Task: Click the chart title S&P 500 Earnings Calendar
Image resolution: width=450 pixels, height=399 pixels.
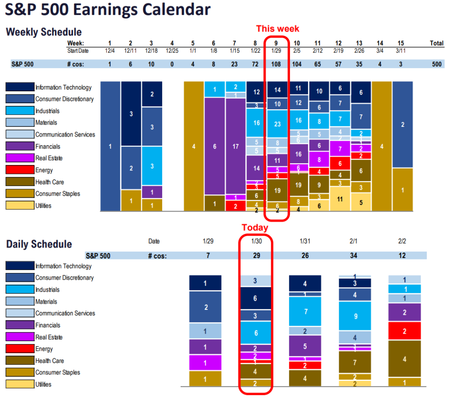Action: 107,10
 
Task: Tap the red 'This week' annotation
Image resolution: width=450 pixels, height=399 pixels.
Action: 277,29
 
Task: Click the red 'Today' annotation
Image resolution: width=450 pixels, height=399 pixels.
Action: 255,227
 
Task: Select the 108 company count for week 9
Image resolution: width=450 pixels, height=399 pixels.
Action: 277,64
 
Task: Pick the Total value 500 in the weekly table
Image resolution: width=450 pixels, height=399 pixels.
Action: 436,64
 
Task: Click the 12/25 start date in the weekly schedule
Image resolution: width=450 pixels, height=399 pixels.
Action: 172,50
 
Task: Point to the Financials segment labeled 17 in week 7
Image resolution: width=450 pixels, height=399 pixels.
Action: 236,146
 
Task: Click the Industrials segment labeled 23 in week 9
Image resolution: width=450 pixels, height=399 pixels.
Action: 277,124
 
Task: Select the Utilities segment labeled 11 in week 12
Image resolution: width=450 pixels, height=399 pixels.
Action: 339,199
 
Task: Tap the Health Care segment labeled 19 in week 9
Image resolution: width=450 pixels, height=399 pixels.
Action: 277,191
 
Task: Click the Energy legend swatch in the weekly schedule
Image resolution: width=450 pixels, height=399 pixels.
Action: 20,170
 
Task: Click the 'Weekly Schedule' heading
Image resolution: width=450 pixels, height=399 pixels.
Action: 44,32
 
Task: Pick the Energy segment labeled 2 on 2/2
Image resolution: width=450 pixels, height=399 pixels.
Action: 405,331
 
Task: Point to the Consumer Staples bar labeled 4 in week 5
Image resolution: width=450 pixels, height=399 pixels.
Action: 194,146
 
